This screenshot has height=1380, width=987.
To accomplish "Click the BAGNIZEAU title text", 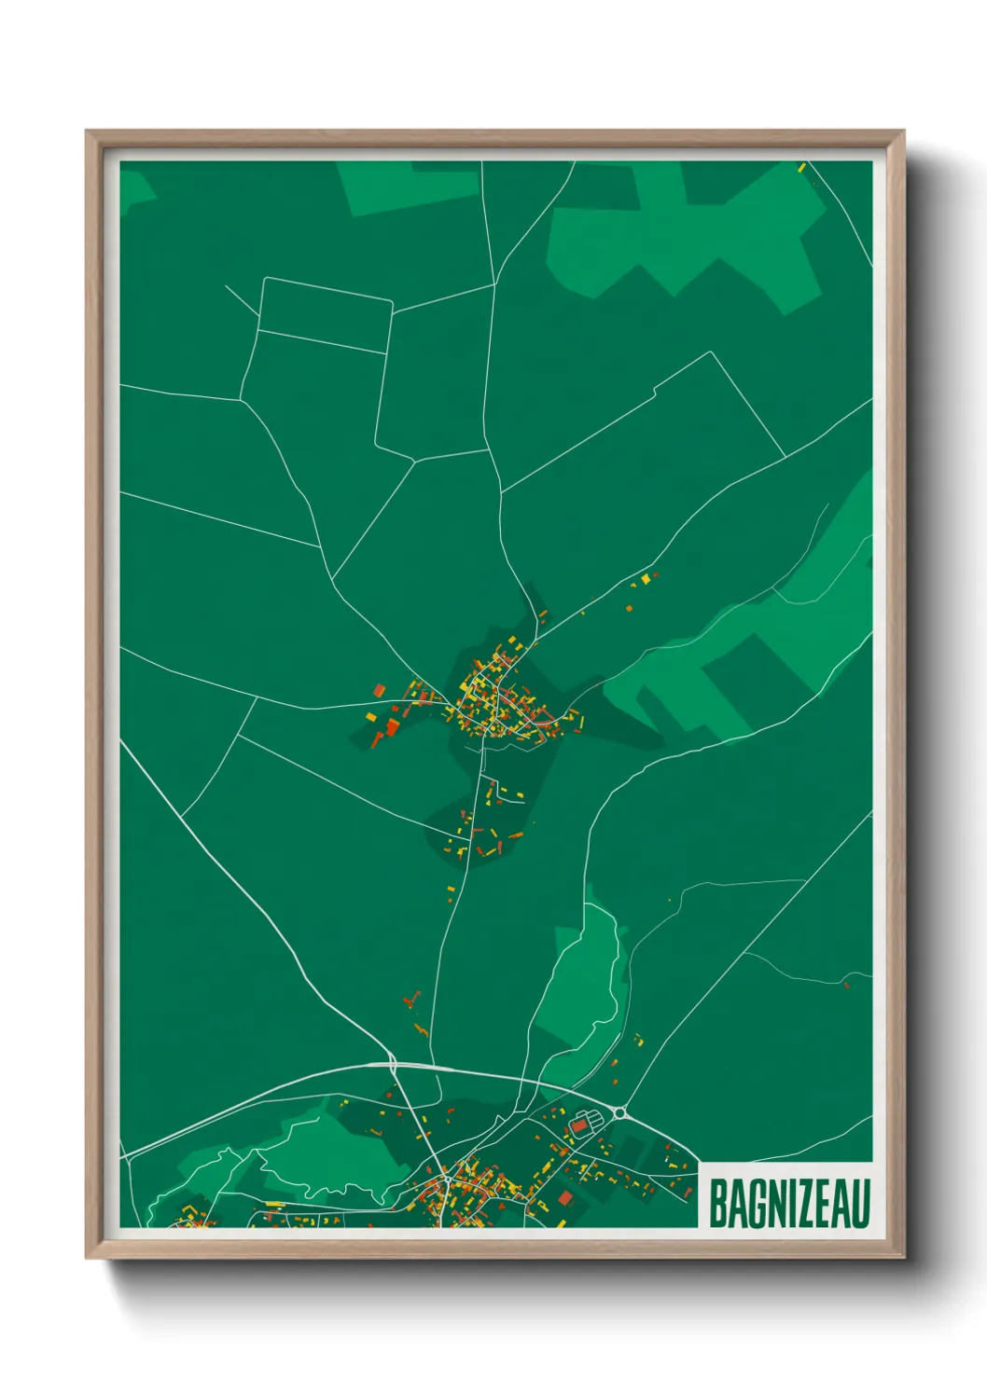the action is [x=789, y=1204].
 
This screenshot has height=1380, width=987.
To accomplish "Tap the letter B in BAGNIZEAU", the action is [x=718, y=1204].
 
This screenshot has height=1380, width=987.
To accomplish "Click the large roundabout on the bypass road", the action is [x=619, y=1111].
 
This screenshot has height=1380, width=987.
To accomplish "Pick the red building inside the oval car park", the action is [x=579, y=1125].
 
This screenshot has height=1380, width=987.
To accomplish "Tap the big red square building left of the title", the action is [x=563, y=1196].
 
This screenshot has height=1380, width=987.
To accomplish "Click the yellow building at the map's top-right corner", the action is [x=801, y=167].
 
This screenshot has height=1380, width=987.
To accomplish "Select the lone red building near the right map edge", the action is [x=846, y=985].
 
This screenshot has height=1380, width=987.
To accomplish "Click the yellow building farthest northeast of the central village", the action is [x=645, y=580].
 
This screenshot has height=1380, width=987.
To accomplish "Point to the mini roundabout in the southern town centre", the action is [x=447, y=1179].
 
